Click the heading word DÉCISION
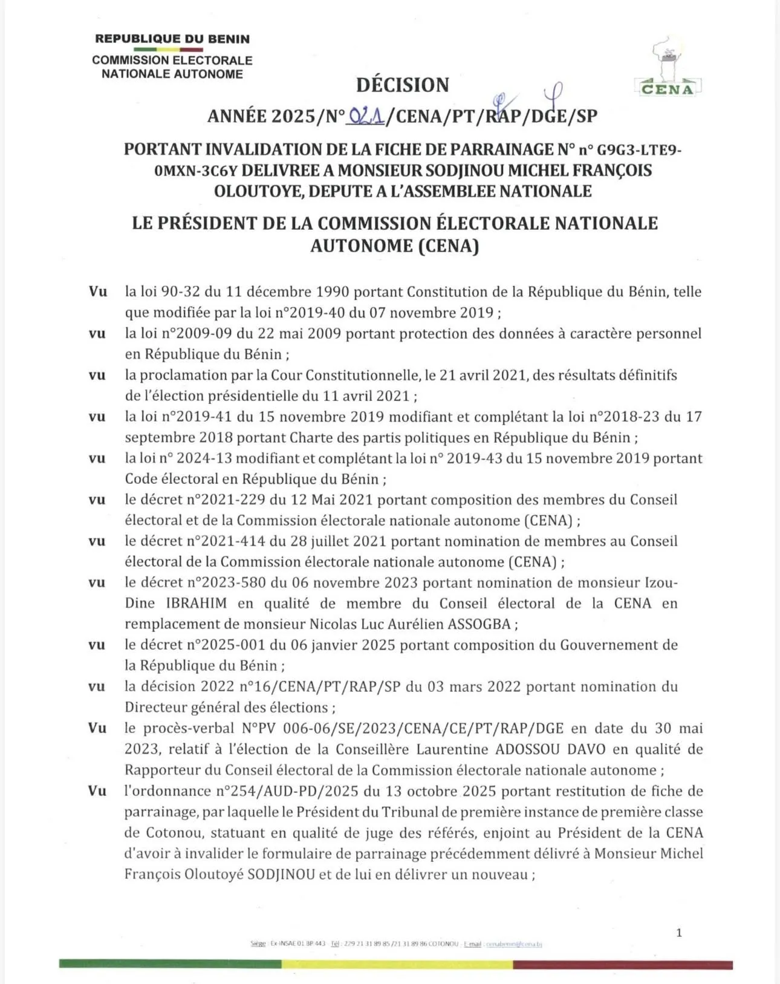(403, 85)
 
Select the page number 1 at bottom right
(679, 933)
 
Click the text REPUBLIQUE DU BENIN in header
(172, 39)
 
